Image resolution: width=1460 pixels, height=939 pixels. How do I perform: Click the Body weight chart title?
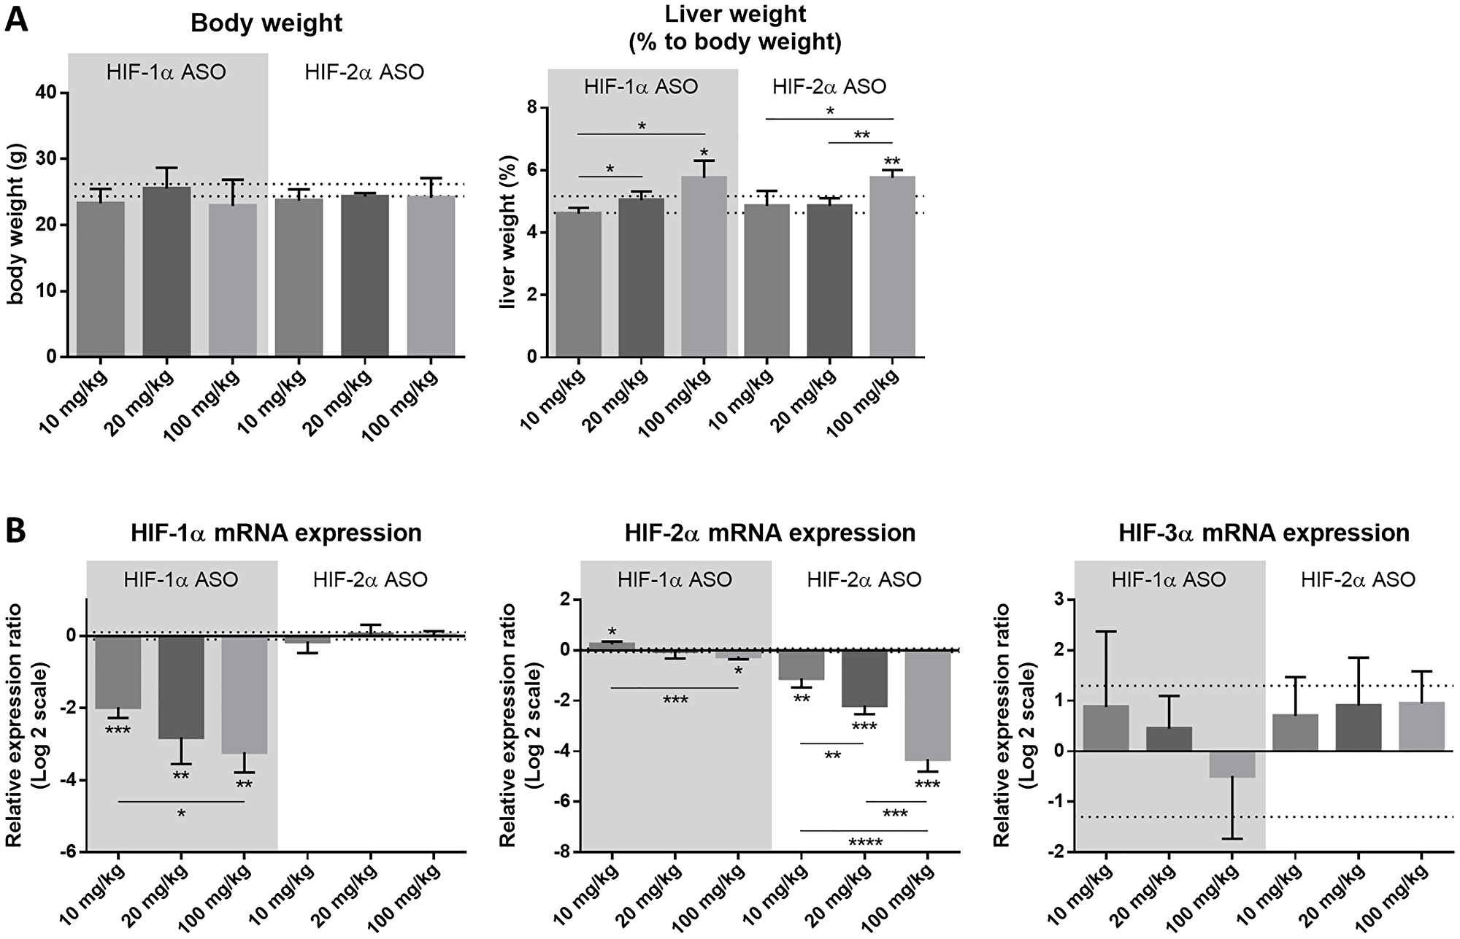pyautogui.click(x=266, y=23)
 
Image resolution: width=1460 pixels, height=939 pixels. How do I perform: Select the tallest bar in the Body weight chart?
pyautogui.click(x=166, y=271)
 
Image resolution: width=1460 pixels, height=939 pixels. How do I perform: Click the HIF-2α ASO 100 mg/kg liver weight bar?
pyautogui.click(x=892, y=266)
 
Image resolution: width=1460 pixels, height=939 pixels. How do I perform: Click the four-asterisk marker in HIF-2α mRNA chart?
pyautogui.click(x=865, y=843)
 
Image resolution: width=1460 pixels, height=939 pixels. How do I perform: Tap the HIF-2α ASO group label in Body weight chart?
pyautogui.click(x=364, y=73)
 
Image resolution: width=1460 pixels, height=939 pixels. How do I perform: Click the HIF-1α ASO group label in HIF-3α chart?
pyautogui.click(x=1169, y=580)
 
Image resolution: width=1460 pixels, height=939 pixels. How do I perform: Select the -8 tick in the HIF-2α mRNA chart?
pyautogui.click(x=563, y=851)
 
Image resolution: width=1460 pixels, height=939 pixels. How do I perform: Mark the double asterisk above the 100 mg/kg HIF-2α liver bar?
pyautogui.click(x=892, y=161)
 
